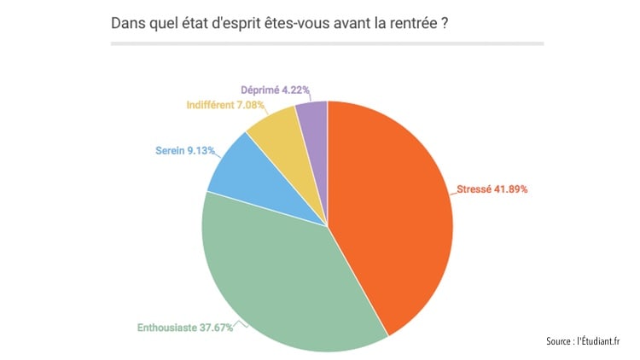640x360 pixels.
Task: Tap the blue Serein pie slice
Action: click(x=235, y=171)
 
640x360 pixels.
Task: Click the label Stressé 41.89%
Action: click(x=493, y=189)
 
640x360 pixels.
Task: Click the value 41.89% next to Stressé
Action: click(x=509, y=189)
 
